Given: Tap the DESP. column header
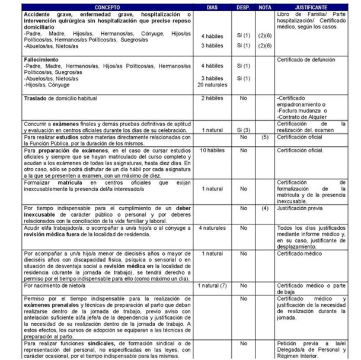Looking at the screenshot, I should pyautogui.click(x=242, y=7).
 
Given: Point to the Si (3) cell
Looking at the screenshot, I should pyautogui.click(x=242, y=129).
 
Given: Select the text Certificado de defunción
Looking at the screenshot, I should pyautogui.click(x=306, y=60).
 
